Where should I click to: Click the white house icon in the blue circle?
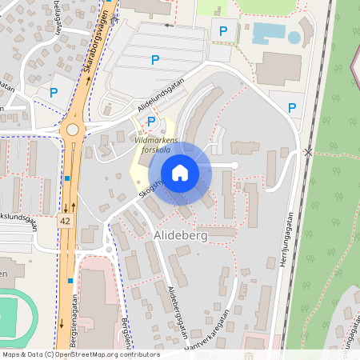tap(180, 173)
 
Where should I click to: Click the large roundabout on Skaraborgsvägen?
tap(73, 129)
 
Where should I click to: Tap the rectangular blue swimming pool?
tap(267, 33)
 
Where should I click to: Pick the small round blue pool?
tap(294, 37)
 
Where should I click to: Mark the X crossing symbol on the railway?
tap(308, 151)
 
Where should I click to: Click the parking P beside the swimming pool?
tap(223, 32)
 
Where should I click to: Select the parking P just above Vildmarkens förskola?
tap(151, 122)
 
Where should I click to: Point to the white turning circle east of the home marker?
tap(234, 165)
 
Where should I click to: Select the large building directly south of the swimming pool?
tap(278, 69)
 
